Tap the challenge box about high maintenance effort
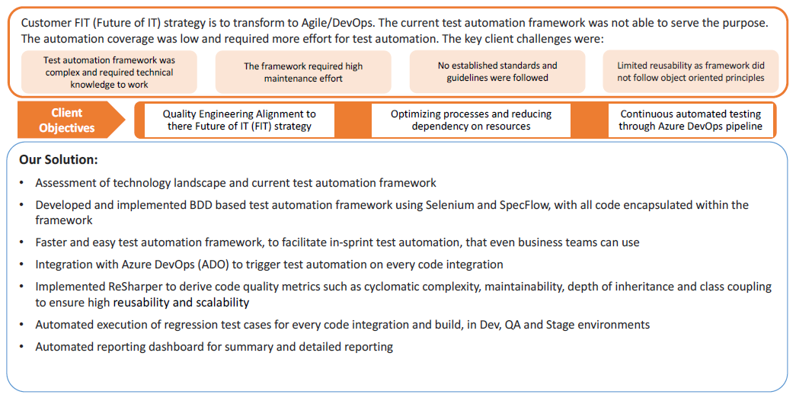click(303, 72)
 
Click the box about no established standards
click(497, 72)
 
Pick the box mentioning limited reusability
click(691, 72)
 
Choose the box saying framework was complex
click(109, 72)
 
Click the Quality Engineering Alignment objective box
click(239, 120)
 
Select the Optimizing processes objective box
click(471, 120)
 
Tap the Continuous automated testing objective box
click(690, 120)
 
